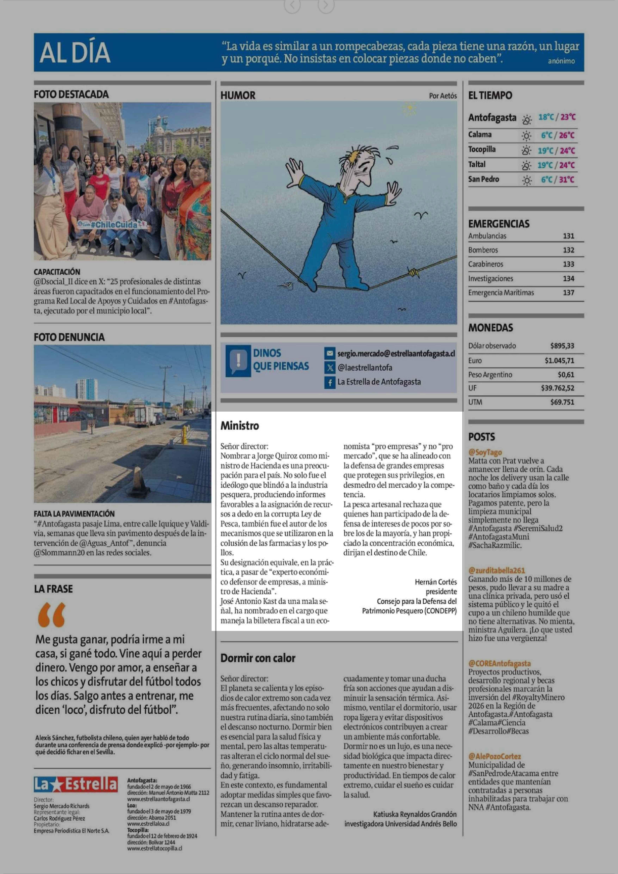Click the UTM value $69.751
[562, 402]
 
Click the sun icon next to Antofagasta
[527, 120]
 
